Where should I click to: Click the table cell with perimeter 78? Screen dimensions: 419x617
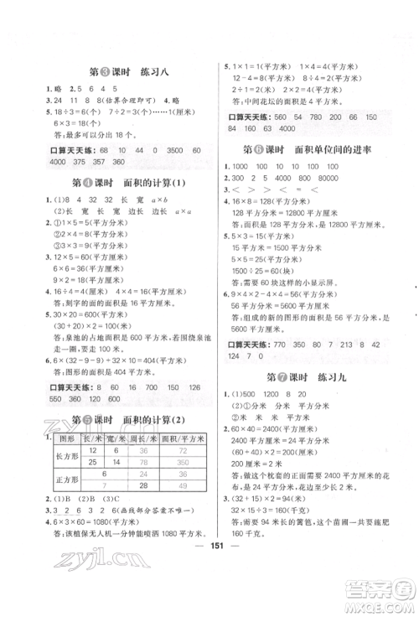[148, 461]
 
